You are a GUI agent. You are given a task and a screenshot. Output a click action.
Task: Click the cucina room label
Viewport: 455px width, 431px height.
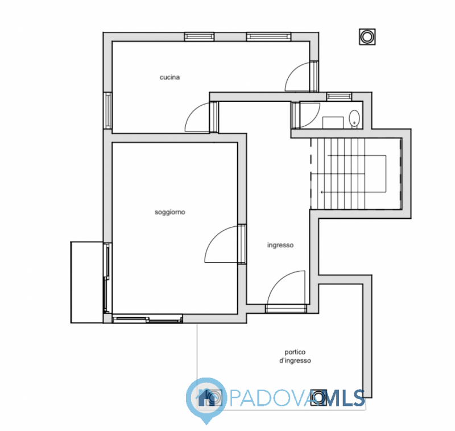coord(169,77)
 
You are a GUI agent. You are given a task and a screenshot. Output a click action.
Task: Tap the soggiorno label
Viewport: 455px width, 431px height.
coord(169,212)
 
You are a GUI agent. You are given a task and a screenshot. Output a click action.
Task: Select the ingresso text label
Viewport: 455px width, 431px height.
coord(280,245)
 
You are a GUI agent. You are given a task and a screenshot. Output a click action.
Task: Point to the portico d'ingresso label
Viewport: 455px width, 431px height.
coord(295,356)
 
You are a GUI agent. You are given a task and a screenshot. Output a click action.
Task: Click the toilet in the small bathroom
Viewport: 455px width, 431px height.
coord(354,119)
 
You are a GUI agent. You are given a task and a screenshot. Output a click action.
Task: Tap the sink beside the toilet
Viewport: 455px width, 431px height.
coord(333,123)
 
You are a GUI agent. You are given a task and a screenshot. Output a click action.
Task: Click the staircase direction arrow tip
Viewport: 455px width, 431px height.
coord(321,192)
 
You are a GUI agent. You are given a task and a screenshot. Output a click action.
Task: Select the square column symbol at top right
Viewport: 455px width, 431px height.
coord(367,37)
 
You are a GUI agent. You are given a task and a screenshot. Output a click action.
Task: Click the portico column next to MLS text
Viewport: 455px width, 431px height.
coord(318,397)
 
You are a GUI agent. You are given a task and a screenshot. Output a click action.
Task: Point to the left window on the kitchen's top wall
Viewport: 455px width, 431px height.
coord(200,36)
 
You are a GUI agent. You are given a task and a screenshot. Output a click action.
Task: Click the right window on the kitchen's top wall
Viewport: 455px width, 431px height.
coord(268,36)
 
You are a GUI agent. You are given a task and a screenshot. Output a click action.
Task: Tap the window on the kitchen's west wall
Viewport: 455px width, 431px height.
coord(107,110)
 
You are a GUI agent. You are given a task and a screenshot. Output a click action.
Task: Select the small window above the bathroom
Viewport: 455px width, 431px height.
coord(339,97)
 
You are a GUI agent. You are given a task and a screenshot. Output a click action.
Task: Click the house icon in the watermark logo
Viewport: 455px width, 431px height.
coord(206,398)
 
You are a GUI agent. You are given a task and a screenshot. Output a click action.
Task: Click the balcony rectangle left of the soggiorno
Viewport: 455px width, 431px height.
coord(87,282)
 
